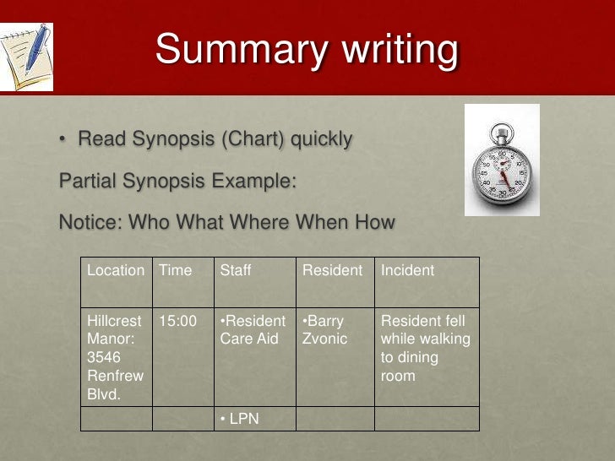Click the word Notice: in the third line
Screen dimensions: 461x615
coord(90,223)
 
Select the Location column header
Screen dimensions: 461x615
coord(116,270)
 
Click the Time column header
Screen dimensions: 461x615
coord(176,270)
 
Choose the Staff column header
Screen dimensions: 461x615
coord(236,270)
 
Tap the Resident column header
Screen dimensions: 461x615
coord(332,270)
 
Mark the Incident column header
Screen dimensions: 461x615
coord(407,270)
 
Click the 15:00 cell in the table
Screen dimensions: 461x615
coord(177,322)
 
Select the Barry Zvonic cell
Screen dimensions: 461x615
coord(324,330)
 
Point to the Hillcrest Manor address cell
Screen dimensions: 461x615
coord(116,357)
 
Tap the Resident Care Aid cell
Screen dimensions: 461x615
coord(253,330)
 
